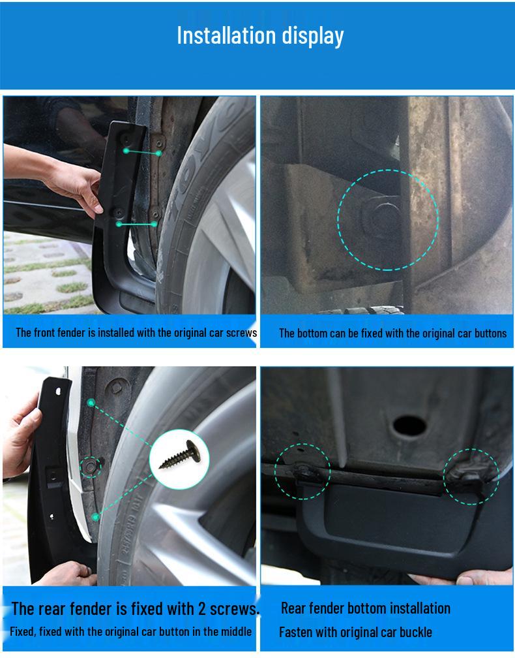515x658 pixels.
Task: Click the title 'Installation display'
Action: point(259,35)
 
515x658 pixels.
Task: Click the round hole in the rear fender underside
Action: point(409,426)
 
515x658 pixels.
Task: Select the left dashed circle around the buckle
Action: point(302,472)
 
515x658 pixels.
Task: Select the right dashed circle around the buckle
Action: point(471,476)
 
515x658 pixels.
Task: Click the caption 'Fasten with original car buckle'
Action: point(355,632)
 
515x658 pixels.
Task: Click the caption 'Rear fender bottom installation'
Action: point(365,608)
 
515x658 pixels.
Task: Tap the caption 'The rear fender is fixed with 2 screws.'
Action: point(135,609)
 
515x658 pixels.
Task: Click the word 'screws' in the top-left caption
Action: point(242,333)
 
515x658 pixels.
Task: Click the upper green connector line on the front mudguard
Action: point(142,151)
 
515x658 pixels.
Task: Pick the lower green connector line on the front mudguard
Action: point(136,224)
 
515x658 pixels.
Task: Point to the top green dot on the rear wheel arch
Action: point(91,403)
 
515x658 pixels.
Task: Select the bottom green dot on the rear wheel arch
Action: point(95,517)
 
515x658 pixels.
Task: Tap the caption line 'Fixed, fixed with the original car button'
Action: point(130,632)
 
